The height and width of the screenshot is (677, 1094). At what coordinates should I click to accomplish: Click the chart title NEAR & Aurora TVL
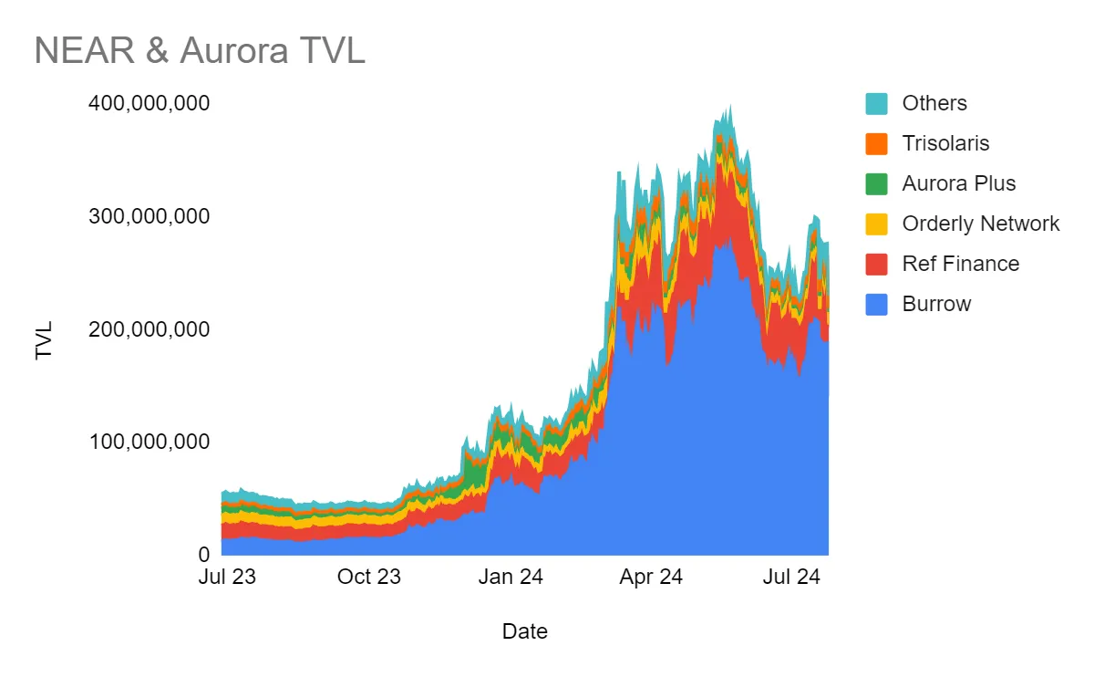tap(200, 50)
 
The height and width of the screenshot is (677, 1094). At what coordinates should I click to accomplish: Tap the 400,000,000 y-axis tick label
tap(149, 103)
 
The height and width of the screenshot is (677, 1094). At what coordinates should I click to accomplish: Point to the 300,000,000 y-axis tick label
tap(149, 216)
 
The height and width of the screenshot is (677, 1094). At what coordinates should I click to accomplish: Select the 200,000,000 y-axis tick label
tap(149, 328)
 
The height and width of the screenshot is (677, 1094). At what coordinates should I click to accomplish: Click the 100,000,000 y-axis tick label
tap(149, 442)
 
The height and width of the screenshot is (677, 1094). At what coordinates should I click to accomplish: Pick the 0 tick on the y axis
tap(203, 554)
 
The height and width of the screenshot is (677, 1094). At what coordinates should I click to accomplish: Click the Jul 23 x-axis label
tap(226, 577)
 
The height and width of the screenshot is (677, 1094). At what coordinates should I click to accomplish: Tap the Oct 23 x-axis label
tap(369, 577)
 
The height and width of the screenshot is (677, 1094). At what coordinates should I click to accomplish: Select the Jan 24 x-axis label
tap(511, 577)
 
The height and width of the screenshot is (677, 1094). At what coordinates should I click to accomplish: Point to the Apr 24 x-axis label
tap(652, 577)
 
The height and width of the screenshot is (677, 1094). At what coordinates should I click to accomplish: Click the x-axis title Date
tap(525, 630)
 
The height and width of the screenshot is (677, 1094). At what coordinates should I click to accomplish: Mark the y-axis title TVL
tap(45, 339)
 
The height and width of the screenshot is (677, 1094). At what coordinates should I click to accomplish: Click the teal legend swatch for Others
tap(876, 103)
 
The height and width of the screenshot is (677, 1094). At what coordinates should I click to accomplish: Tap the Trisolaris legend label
tap(945, 143)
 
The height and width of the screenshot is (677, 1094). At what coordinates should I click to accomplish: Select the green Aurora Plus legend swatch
tap(876, 183)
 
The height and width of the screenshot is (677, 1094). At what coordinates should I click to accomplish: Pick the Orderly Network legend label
tap(981, 224)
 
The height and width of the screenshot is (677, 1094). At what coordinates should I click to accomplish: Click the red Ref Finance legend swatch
tap(876, 264)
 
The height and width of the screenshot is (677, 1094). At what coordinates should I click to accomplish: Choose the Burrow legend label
tap(936, 304)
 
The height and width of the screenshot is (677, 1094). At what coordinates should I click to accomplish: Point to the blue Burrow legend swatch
tap(876, 304)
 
